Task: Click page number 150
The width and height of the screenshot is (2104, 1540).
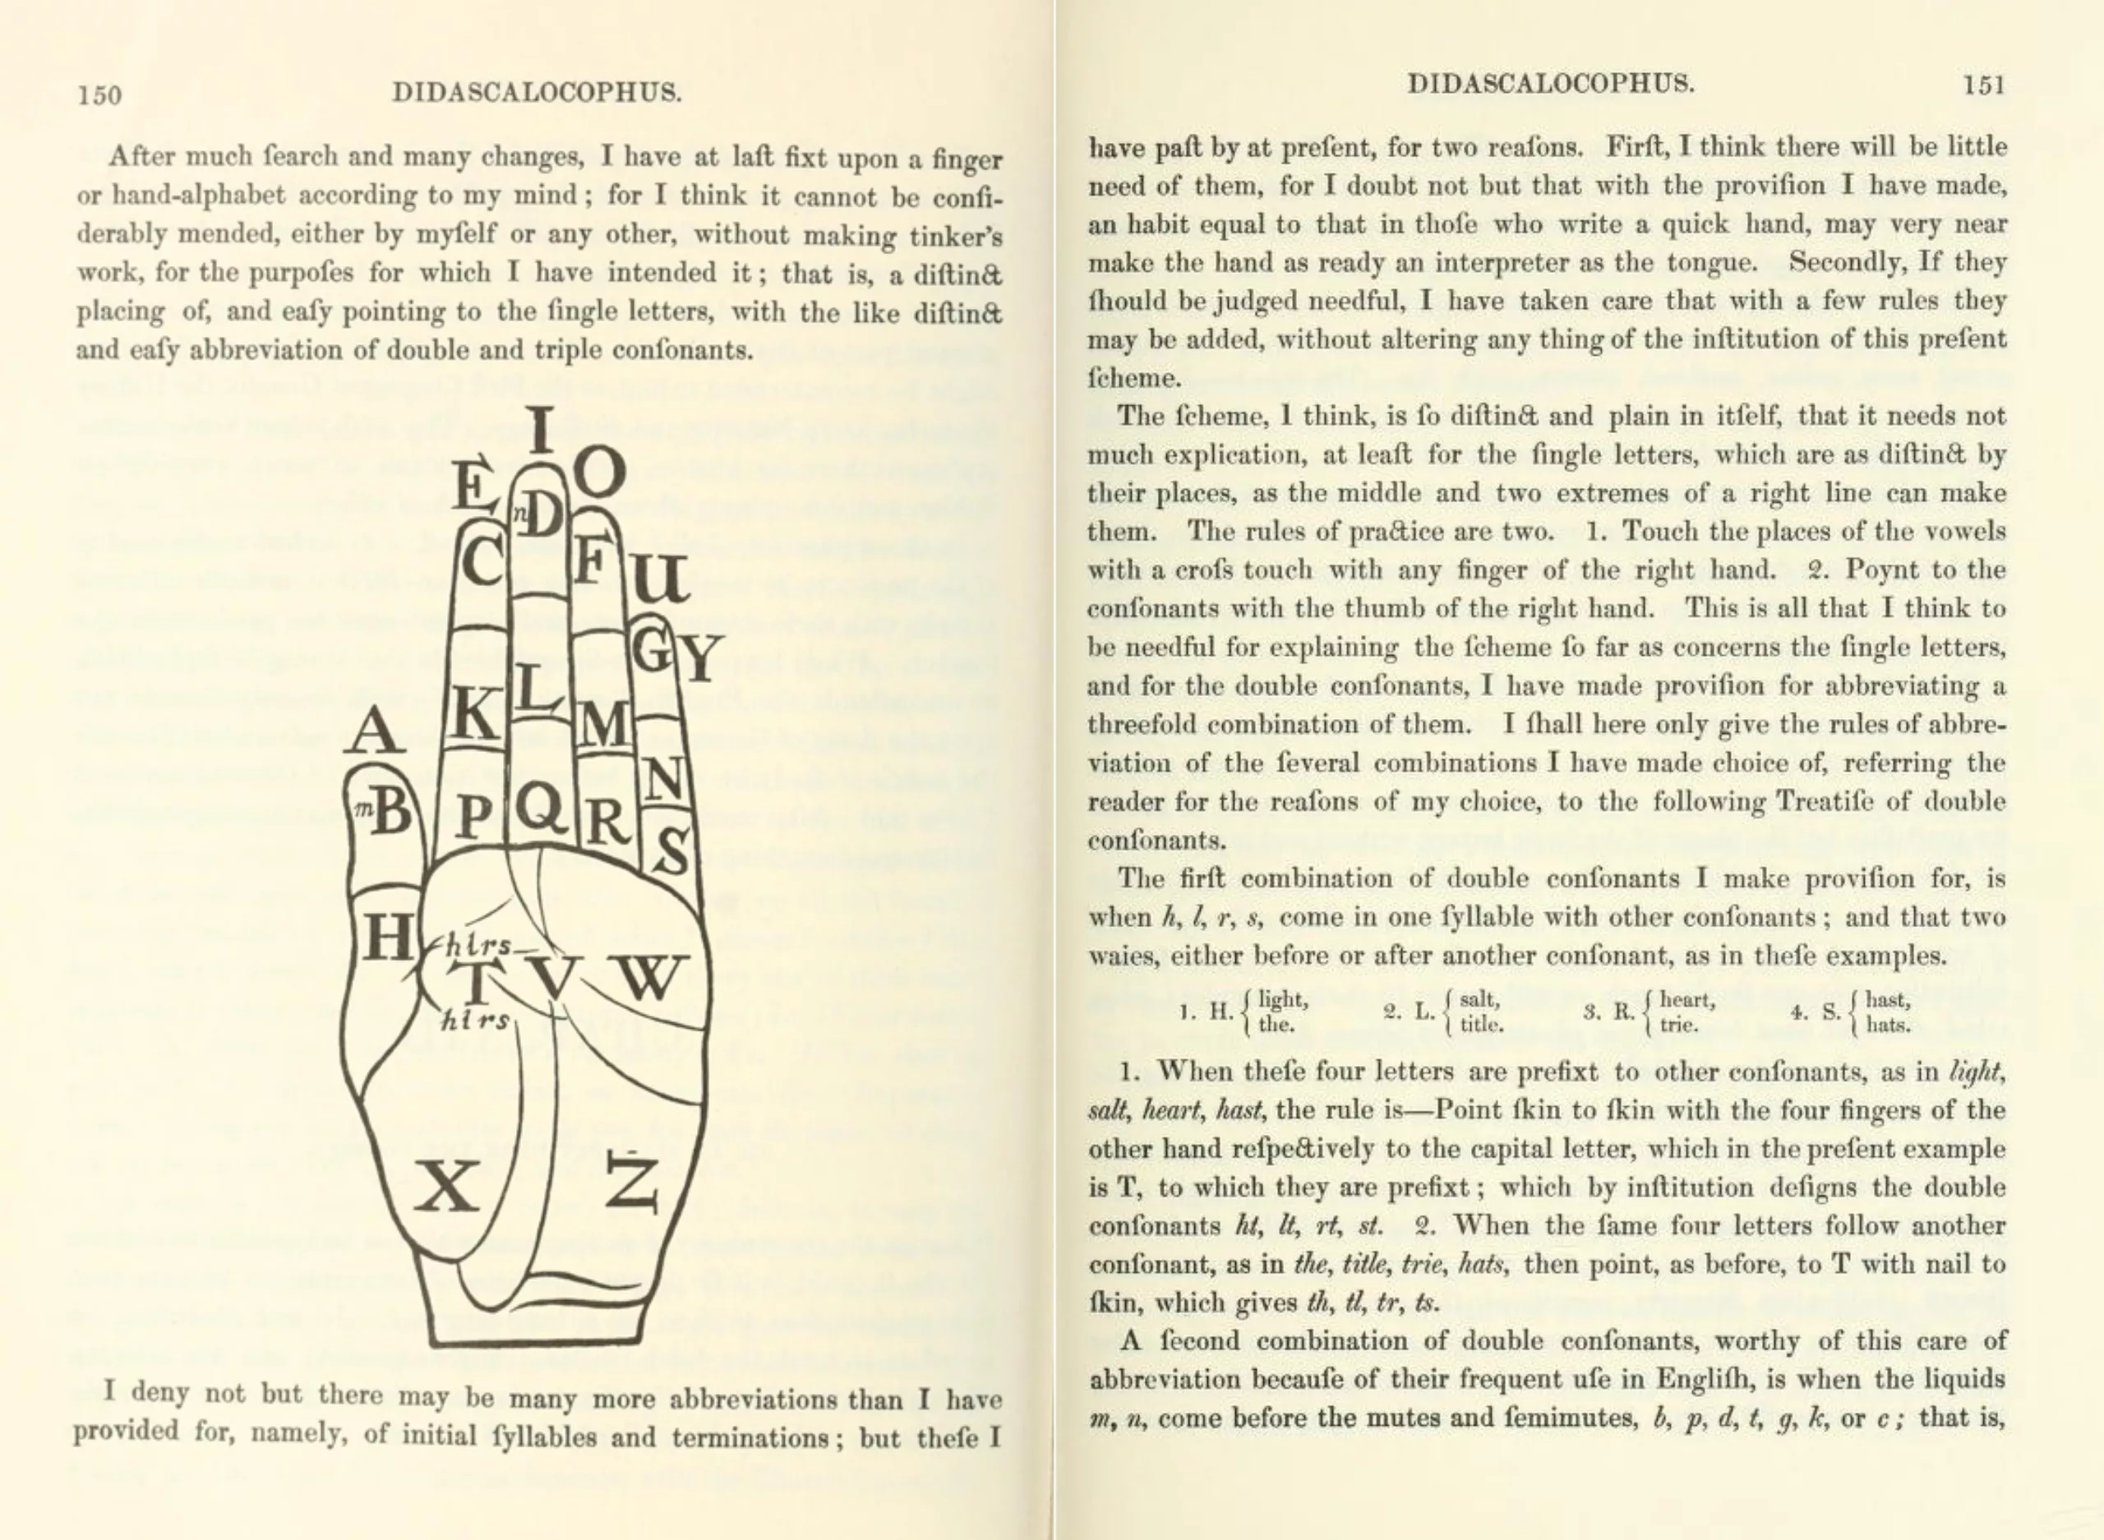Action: click(99, 95)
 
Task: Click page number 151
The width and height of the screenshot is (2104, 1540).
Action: click(1983, 85)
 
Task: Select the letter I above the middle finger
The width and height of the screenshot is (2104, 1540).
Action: click(540, 431)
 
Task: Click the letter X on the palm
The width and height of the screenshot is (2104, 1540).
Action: click(447, 1187)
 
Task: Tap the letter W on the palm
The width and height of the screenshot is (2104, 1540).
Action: click(648, 977)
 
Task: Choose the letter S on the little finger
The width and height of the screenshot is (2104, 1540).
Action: click(671, 852)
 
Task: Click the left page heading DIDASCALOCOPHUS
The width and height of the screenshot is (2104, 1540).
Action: click(537, 92)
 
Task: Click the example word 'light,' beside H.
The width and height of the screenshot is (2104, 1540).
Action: click(1283, 999)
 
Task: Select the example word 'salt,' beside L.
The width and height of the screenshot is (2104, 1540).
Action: click(1479, 999)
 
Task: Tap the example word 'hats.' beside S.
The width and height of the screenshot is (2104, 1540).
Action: click(1889, 1026)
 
